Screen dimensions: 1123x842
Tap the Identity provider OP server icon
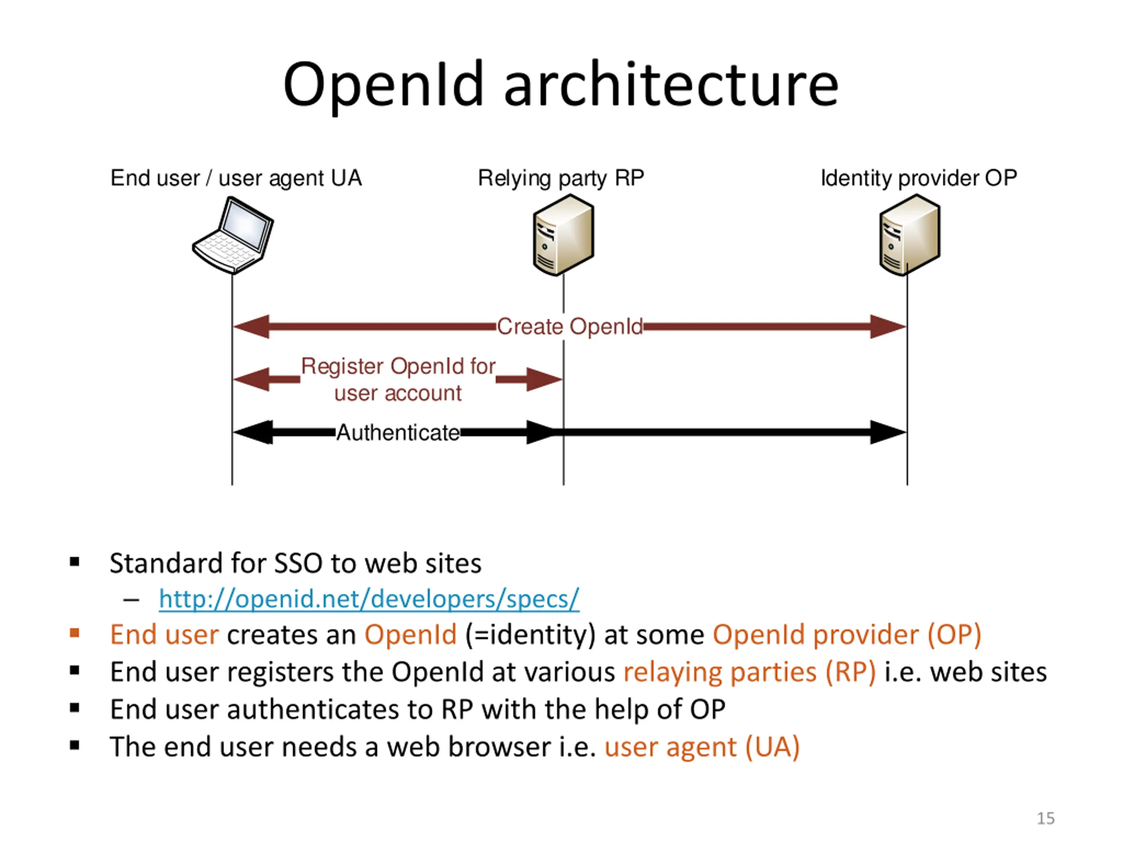coord(909,235)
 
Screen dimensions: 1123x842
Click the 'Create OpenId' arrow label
coord(570,326)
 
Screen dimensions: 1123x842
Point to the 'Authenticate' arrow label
coord(398,432)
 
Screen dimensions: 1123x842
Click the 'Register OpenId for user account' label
coord(398,379)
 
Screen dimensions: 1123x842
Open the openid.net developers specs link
coord(368,599)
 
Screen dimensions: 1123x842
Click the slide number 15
coord(1045,818)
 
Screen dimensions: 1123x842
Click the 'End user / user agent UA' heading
coord(236,178)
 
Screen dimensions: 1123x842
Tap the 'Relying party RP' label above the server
coord(561,178)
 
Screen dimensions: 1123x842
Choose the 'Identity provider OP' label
coord(919,178)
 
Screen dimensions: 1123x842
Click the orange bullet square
coord(75,633)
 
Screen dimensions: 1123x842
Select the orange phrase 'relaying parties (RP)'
coord(749,672)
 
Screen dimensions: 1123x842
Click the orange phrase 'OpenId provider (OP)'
coord(847,635)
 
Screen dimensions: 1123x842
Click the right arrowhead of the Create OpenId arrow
coord(888,326)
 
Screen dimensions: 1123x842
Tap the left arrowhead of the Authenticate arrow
coord(252,432)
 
